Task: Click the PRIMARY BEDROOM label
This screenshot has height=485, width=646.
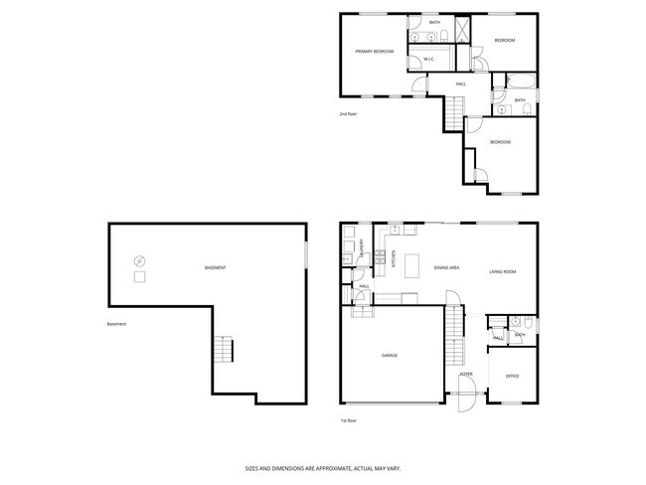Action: point(375,52)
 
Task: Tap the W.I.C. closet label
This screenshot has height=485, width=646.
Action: point(428,60)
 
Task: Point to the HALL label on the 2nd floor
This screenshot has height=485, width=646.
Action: point(461,83)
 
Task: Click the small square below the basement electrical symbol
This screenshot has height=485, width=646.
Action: point(139,276)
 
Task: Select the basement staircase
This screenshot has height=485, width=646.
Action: point(224,350)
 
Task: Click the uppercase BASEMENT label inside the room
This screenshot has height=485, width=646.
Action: point(215,268)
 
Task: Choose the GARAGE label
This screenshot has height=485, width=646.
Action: point(390,355)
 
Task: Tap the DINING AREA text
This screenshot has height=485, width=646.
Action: point(446,268)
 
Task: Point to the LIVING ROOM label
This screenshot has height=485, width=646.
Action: point(503,270)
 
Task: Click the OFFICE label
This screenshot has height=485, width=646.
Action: point(512,377)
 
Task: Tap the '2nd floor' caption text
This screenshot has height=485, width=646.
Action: point(348,115)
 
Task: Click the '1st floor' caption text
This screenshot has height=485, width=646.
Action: point(348,420)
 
